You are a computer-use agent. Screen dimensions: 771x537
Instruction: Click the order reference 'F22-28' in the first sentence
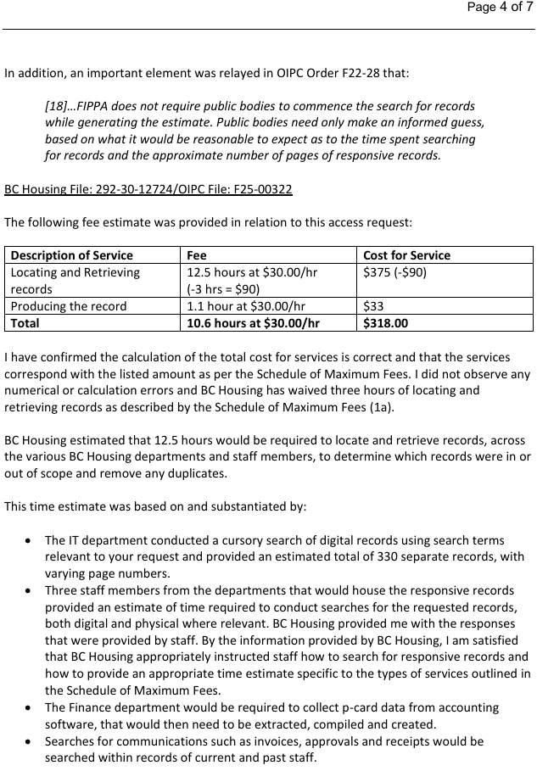point(350,73)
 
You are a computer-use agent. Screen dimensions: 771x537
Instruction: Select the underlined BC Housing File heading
point(148,188)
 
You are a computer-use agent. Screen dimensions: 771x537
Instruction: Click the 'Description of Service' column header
point(72,255)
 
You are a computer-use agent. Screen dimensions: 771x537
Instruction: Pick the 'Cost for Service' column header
point(406,255)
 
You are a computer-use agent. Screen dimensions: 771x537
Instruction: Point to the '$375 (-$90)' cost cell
point(394,272)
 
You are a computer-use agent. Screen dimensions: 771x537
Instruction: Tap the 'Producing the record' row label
point(69,306)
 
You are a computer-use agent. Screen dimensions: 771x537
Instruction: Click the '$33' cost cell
point(373,306)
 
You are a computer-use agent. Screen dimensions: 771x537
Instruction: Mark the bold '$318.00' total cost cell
point(385,323)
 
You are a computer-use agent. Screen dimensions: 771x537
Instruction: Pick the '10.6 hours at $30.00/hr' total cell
point(253,323)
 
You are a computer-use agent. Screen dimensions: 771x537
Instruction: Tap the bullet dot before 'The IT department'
point(30,540)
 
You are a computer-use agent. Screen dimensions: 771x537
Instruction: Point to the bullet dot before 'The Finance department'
point(30,707)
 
